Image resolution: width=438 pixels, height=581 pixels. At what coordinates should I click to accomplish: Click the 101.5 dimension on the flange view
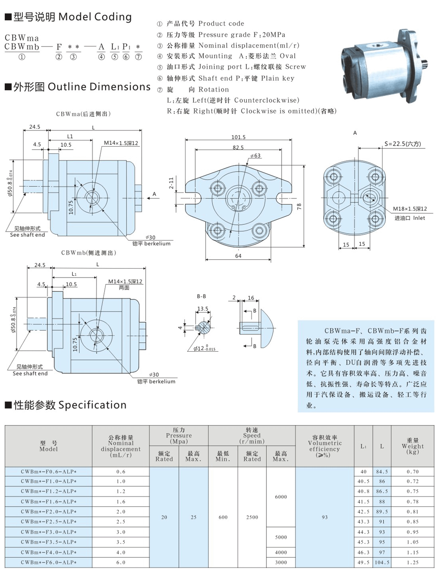[x=238, y=137]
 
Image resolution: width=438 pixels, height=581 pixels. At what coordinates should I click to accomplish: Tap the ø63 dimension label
[x=255, y=156]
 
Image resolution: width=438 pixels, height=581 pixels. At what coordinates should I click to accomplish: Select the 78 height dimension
[x=299, y=206]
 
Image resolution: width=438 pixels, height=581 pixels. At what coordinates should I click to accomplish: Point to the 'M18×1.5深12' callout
[x=409, y=209]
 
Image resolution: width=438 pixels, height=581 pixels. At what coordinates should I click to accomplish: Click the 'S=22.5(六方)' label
[x=402, y=144]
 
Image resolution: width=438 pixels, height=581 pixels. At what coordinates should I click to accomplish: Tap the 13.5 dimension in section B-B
[x=202, y=308]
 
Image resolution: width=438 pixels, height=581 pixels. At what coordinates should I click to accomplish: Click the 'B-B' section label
[x=202, y=296]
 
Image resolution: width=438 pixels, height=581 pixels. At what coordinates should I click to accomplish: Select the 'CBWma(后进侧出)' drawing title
[x=84, y=114]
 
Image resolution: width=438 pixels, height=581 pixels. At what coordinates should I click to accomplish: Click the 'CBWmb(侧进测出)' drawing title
[x=88, y=253]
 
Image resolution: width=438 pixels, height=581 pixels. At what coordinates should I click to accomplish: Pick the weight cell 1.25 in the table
[x=413, y=562]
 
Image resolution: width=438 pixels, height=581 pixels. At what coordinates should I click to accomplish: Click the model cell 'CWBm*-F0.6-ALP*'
[x=48, y=472]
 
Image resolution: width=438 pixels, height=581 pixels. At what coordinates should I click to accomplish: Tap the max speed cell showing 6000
[x=281, y=497]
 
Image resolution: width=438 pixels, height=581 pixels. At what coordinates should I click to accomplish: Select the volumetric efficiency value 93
[x=324, y=517]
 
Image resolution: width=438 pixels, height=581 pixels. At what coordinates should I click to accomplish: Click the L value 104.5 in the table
[x=382, y=562]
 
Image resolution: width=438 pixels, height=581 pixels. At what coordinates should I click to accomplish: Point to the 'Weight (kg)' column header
[x=413, y=446]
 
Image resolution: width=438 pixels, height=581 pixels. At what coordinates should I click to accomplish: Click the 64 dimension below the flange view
[x=238, y=256]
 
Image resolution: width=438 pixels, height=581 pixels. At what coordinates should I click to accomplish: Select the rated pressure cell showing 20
[x=164, y=517]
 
